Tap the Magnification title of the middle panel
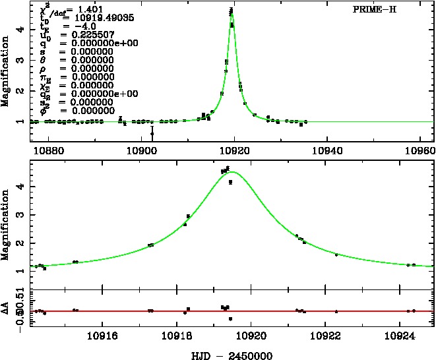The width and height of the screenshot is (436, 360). [x=7, y=224]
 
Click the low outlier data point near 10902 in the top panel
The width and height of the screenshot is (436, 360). [x=152, y=133]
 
